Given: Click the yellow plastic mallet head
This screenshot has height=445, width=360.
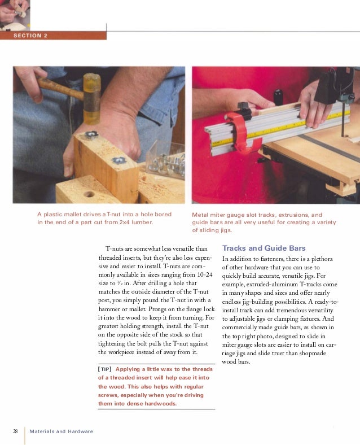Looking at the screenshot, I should pos(91,99).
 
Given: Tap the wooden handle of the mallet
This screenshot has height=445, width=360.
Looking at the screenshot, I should pos(56,86).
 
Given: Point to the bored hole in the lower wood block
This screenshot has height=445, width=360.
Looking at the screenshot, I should pos(89,194).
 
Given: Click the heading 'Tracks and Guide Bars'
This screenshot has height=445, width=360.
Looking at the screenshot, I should pos(264,248).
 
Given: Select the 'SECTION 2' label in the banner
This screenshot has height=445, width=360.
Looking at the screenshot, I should pos(31,36).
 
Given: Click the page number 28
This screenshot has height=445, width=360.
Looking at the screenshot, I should pos(16,431).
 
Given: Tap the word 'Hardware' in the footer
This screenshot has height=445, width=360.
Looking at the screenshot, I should pos(80,431).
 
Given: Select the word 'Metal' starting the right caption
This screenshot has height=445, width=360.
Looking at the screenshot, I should pos(201,215).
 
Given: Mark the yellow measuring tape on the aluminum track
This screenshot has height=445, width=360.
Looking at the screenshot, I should pos(265,128).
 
